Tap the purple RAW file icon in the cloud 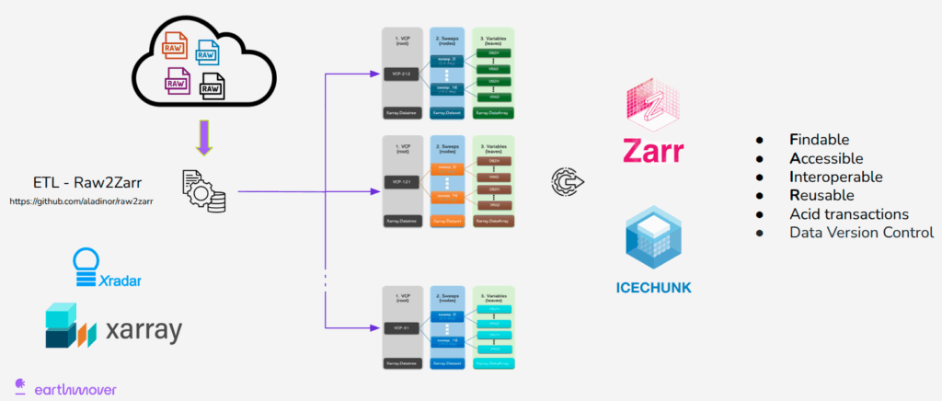177,80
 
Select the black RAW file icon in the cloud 213,87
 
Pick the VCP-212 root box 402,74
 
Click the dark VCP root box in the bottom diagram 402,327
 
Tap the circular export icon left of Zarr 567,180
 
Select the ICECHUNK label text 653,288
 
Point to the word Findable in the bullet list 825,140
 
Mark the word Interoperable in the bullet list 835,177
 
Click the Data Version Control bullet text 861,233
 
